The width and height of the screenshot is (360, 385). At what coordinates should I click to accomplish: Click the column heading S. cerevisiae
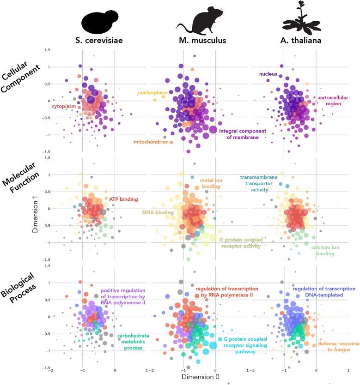tap(98, 40)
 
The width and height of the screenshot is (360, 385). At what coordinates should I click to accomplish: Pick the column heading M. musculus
tap(202, 40)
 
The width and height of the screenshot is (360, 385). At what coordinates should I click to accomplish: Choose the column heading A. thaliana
tap(300, 40)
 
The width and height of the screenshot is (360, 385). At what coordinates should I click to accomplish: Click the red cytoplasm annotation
tap(63, 107)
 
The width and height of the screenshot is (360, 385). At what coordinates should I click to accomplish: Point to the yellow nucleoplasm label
tap(153, 93)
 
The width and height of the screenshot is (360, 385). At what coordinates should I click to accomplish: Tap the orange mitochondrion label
tap(151, 142)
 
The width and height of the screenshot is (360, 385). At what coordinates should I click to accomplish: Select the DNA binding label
tap(157, 213)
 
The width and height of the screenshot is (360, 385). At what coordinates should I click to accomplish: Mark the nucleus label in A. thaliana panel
tap(268, 73)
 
